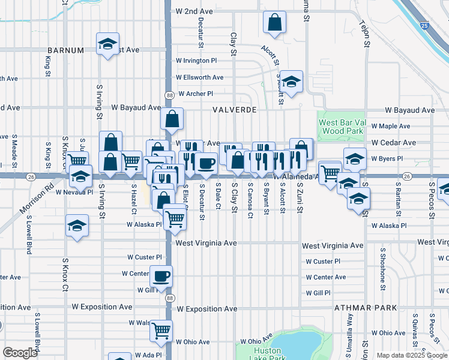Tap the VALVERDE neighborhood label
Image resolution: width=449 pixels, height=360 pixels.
pyautogui.click(x=235, y=110)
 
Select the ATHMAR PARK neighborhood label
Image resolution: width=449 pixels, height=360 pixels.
pyautogui.click(x=366, y=307)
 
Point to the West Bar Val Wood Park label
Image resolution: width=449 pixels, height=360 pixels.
pyautogui.click(x=342, y=126)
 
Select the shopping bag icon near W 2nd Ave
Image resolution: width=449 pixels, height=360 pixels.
pyautogui.click(x=274, y=23)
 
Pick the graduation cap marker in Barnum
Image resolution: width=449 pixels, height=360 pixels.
pyautogui.click(x=107, y=44)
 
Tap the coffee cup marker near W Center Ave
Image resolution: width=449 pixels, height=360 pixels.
pyautogui.click(x=161, y=277)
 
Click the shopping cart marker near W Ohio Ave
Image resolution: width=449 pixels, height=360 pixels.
pyautogui.click(x=161, y=330)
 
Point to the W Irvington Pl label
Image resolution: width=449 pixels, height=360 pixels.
pyautogui.click(x=196, y=61)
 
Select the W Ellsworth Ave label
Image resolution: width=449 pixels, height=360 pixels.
pyautogui.click(x=199, y=77)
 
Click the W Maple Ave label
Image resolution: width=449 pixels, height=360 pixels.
pyautogui.click(x=390, y=126)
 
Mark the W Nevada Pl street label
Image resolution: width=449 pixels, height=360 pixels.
pyautogui.click(x=74, y=192)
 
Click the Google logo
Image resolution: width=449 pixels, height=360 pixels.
pyautogui.click(x=20, y=353)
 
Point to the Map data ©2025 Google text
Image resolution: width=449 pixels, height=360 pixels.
pyautogui.click(x=411, y=355)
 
